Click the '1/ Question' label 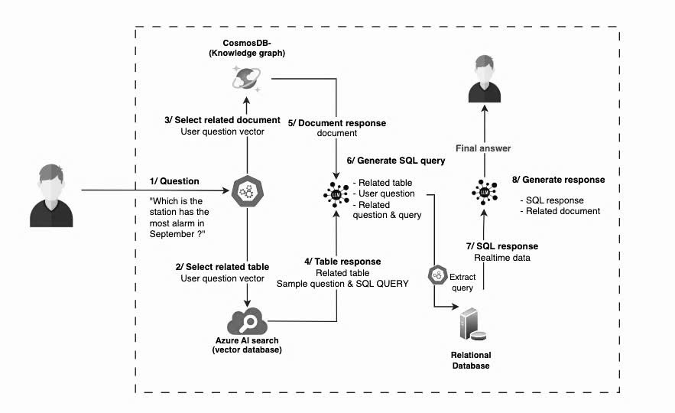point(174,181)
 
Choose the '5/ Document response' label point(337,123)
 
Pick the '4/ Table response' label point(342,262)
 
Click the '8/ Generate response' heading point(559,180)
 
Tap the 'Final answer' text point(482,148)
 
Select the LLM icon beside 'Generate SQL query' point(336,193)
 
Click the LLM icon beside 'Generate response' point(484,193)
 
